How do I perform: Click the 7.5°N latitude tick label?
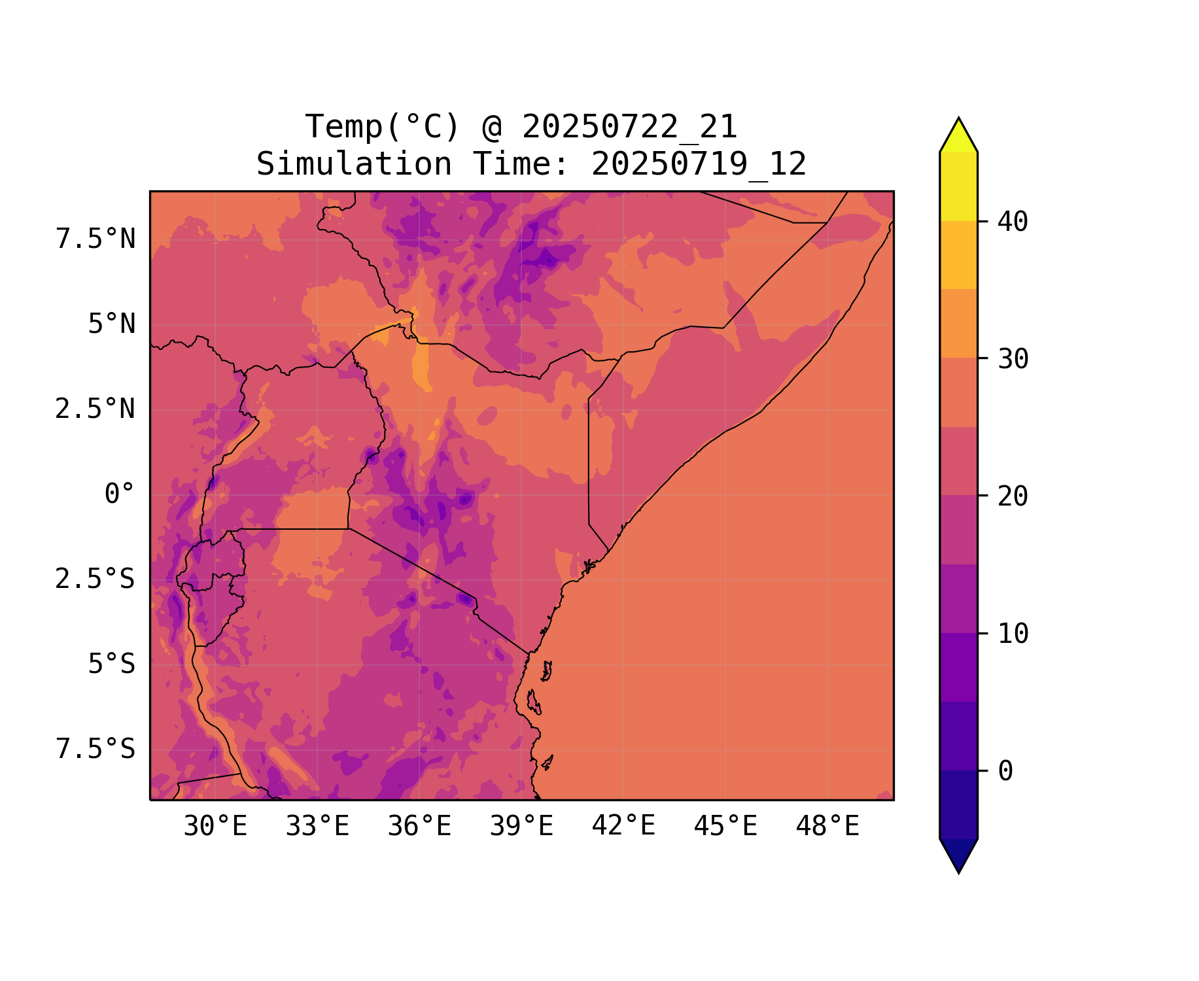point(96,239)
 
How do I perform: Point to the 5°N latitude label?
point(112,324)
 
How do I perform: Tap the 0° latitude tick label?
point(120,494)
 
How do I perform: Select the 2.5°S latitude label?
point(96,579)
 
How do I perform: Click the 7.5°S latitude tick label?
point(96,749)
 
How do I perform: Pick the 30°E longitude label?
point(215,827)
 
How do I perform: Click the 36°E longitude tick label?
point(419,827)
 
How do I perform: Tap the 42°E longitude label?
point(623,827)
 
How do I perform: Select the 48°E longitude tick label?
point(827,827)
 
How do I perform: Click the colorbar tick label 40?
point(1013,222)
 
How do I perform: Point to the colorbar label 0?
point(1005,772)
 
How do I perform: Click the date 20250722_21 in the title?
point(629,127)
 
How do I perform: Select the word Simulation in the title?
point(354,164)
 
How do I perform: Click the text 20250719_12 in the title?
point(699,164)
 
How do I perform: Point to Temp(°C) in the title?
point(383,127)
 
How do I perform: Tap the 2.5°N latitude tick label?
point(96,409)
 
